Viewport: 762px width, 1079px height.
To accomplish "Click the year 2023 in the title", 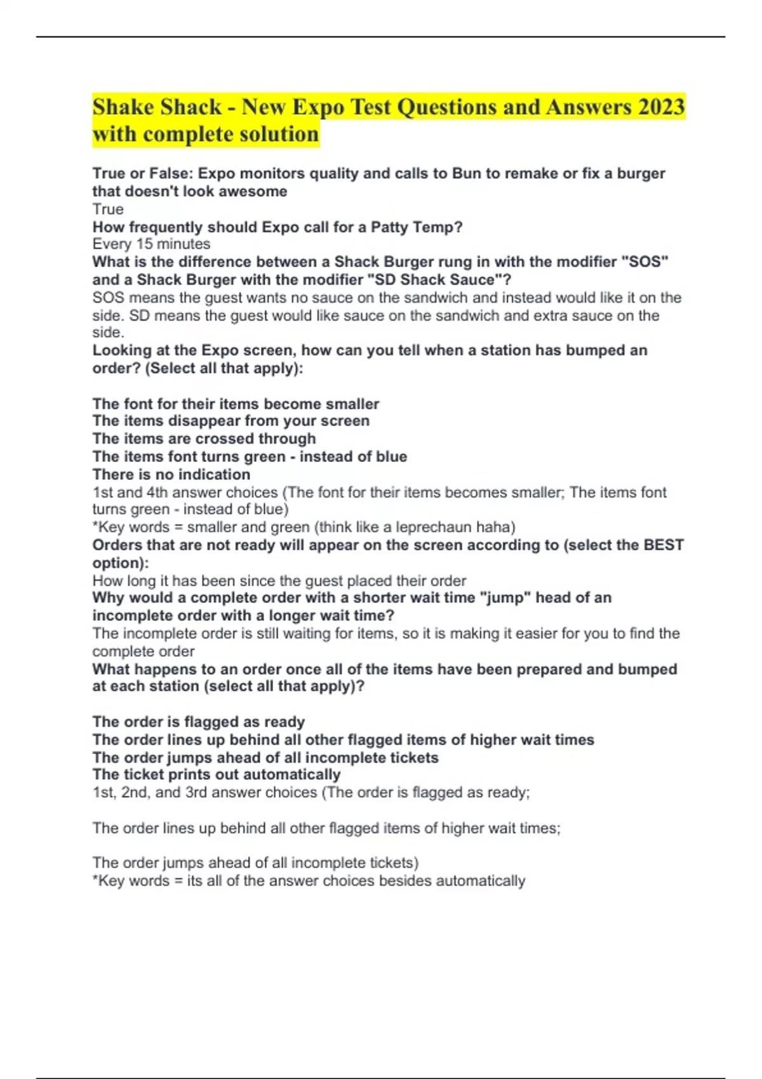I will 661,107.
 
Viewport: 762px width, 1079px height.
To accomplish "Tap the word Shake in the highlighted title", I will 124,107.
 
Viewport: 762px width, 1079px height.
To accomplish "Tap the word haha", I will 494,527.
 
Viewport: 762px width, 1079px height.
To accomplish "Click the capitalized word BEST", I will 664,545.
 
